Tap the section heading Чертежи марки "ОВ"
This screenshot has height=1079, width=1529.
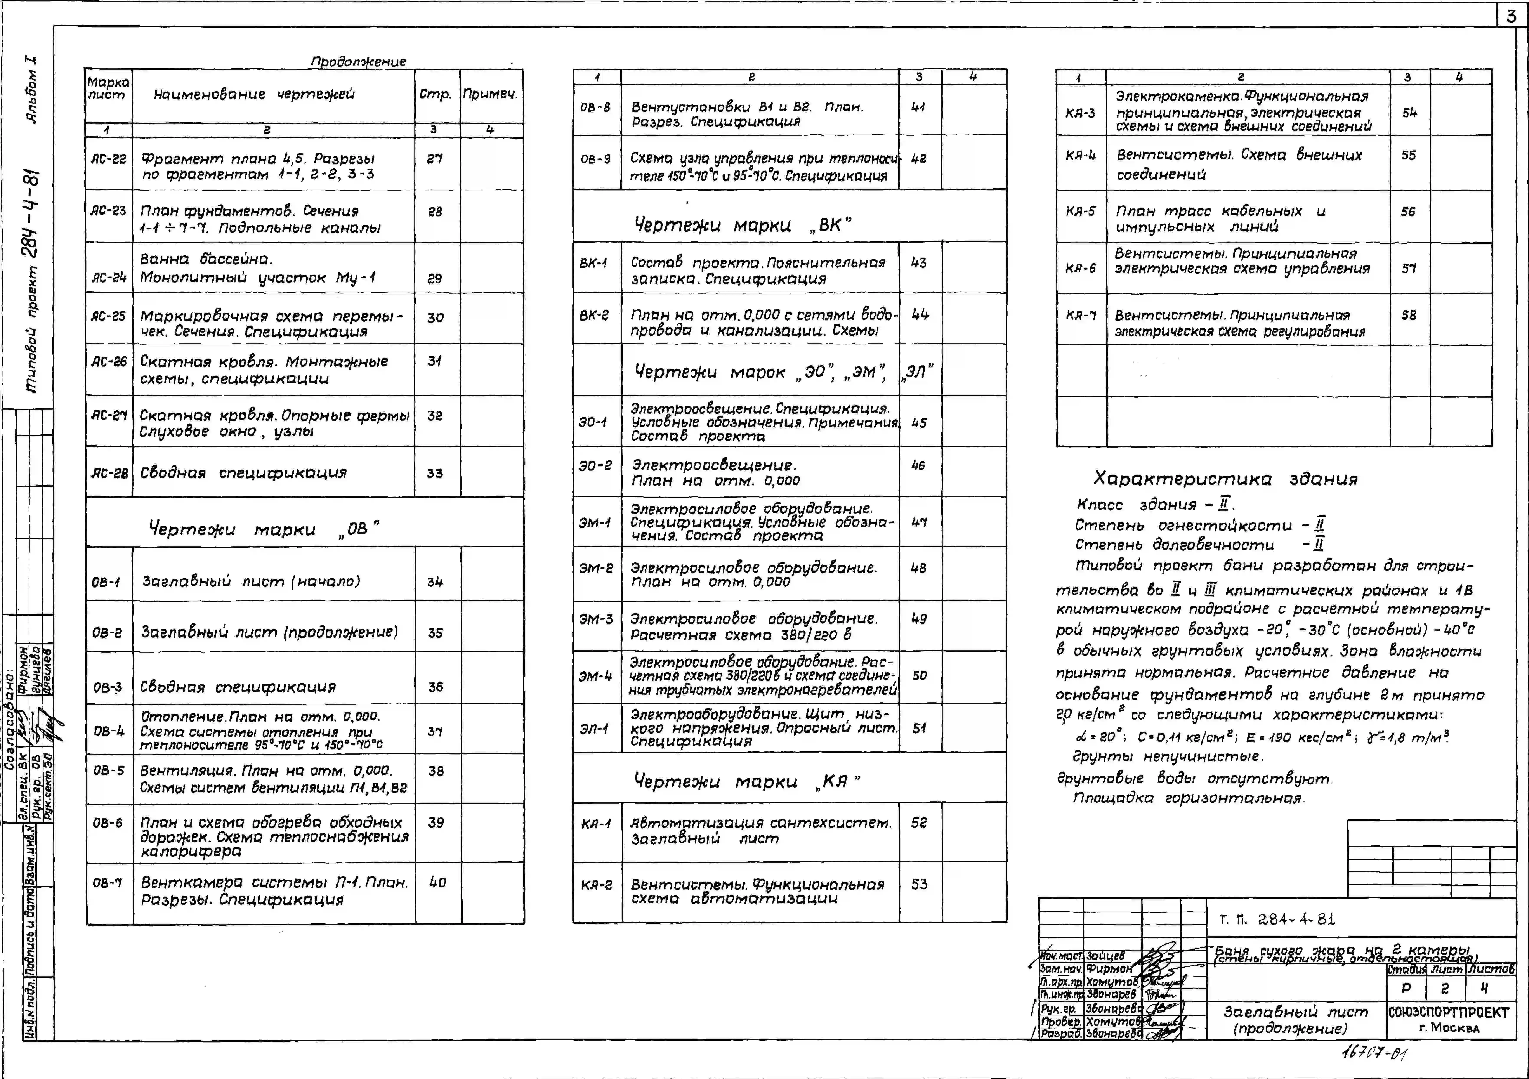[x=264, y=529]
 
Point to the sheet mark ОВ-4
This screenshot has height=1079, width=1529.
[x=108, y=731]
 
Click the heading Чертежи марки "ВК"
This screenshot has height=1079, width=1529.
[x=742, y=225]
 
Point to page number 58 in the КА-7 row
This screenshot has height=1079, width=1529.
[x=1408, y=315]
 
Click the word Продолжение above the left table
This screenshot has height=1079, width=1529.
[x=358, y=61]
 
